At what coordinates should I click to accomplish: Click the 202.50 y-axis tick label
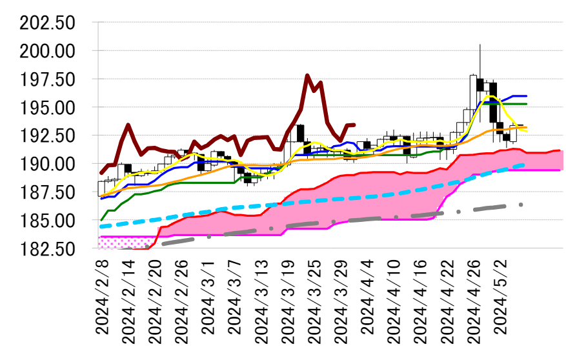click(x=48, y=23)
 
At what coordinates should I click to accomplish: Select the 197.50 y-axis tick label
click(x=48, y=80)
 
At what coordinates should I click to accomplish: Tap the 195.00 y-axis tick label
click(x=48, y=108)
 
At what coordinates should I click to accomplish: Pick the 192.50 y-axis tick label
click(x=48, y=136)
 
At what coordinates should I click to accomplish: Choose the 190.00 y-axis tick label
click(x=48, y=165)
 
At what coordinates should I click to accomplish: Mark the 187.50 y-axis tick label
click(x=48, y=193)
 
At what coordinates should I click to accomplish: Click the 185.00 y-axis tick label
click(x=48, y=221)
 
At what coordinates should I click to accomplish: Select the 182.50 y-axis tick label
click(x=48, y=249)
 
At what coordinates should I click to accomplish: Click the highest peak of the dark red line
click(x=307, y=75)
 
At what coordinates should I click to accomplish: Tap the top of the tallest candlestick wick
click(x=480, y=44)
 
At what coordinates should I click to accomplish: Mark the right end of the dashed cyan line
click(x=524, y=165)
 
